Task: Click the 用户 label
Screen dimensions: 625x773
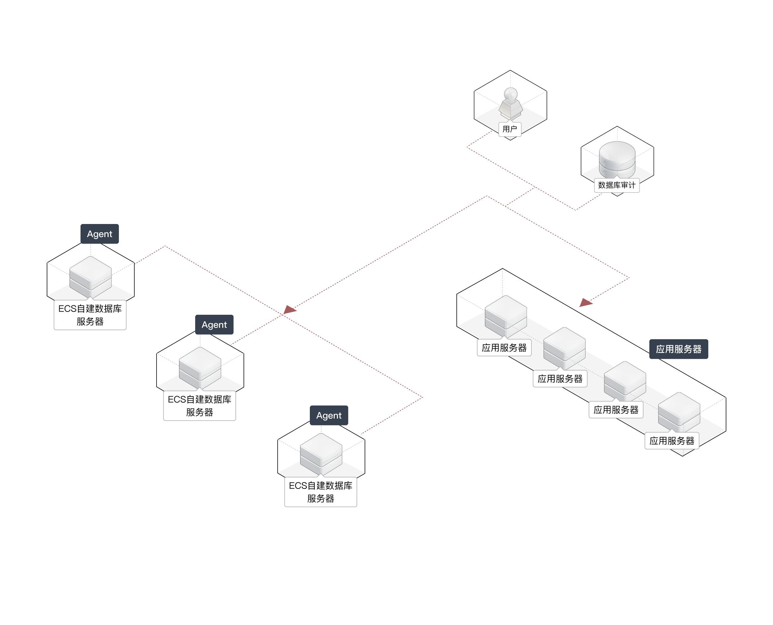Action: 510,129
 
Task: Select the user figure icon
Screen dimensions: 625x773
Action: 511,103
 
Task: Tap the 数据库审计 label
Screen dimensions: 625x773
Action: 617,185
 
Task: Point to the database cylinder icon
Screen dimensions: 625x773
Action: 617,159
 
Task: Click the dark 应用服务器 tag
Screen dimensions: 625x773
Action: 679,349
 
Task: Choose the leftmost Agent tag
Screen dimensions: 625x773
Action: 100,234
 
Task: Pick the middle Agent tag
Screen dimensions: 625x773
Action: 214,325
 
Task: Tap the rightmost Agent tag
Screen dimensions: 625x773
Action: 329,415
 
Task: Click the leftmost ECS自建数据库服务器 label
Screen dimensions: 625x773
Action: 90,315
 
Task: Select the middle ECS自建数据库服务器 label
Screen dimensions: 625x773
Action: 200,406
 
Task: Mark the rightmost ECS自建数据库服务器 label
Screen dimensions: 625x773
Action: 320,492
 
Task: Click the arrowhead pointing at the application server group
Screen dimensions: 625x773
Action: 585,303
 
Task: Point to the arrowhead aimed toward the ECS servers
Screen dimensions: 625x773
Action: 290,310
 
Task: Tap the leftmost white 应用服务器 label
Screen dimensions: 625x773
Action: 504,348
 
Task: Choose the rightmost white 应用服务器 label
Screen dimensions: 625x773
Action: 672,441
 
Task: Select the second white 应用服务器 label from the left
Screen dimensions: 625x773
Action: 560,379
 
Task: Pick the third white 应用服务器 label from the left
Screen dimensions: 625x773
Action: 616,410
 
